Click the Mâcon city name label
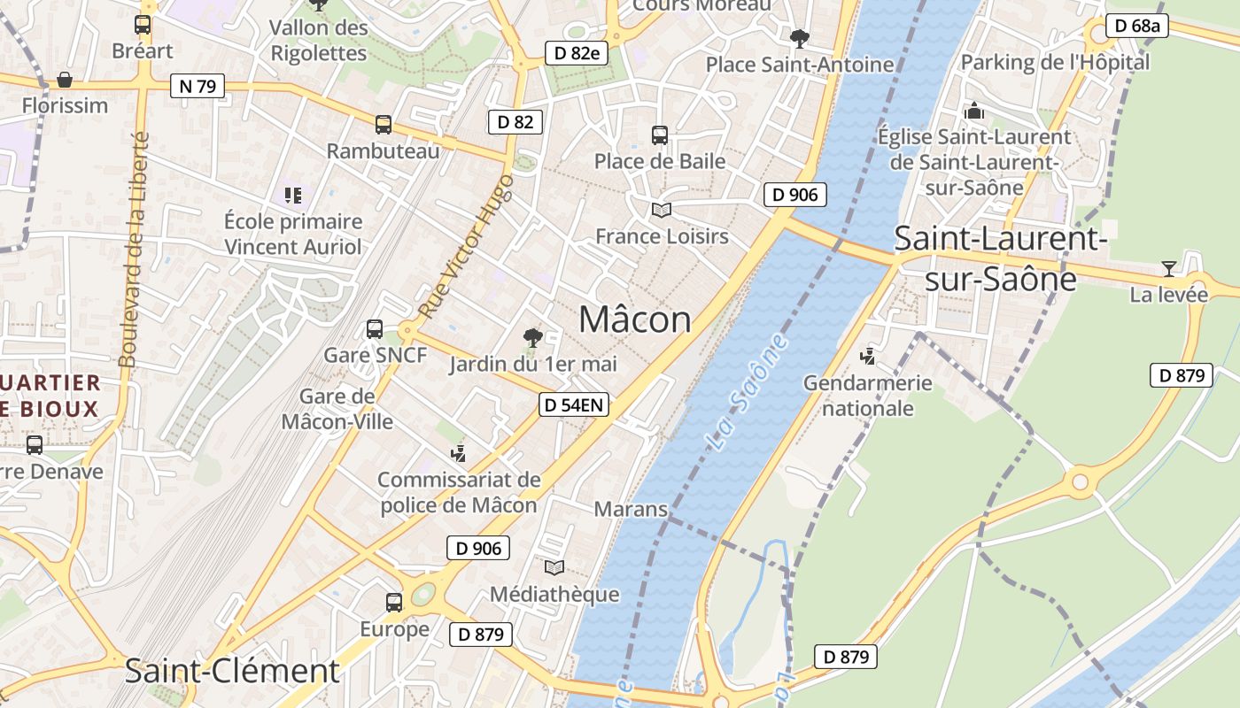tap(635, 319)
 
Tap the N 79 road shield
tap(198, 86)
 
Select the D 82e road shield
tap(577, 53)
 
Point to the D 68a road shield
tap(1137, 26)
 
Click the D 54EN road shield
tap(575, 405)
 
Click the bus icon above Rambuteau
tap(384, 125)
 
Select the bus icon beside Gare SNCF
tap(375, 329)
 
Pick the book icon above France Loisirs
tap(662, 210)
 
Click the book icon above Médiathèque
tap(554, 567)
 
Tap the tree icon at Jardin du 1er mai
tap(532, 337)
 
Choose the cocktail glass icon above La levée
tap(1169, 268)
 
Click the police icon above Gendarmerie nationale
tap(868, 356)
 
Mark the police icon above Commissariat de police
tap(459, 453)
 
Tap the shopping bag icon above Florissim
tap(65, 80)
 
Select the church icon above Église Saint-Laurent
tap(974, 111)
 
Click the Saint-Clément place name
tap(232, 671)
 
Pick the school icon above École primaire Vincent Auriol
tap(293, 195)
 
